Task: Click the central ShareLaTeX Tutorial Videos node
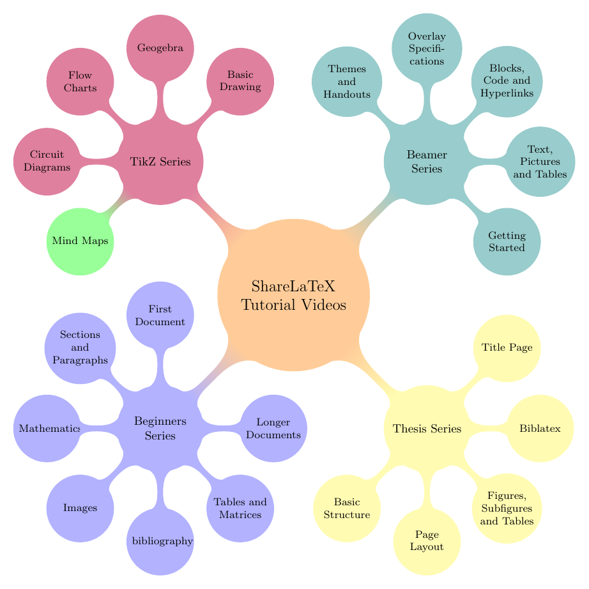click(x=294, y=294)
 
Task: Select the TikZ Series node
click(x=160, y=162)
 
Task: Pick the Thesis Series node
click(x=427, y=429)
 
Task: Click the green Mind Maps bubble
click(x=80, y=241)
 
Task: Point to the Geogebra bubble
click(x=160, y=47)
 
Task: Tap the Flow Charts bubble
click(x=80, y=82)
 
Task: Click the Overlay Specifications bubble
click(x=427, y=49)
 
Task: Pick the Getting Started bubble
click(x=507, y=242)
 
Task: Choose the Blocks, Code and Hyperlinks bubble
click(x=507, y=82)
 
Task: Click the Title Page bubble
click(x=507, y=349)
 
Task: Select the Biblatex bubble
click(x=540, y=429)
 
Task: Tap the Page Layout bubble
click(x=427, y=541)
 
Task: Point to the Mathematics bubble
click(x=47, y=429)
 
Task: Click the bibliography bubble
click(x=160, y=541)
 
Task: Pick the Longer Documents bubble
click(x=274, y=429)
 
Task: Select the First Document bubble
click(x=160, y=316)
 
